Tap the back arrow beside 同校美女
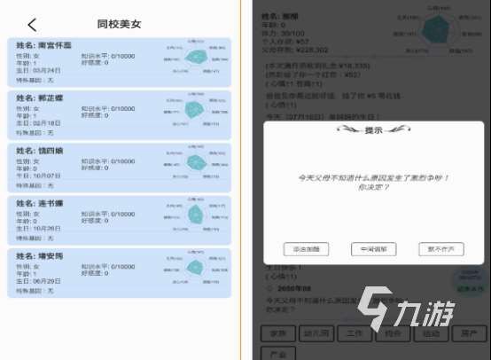[x=33, y=24]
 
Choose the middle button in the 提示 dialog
[x=373, y=249]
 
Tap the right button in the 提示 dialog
[x=440, y=249]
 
